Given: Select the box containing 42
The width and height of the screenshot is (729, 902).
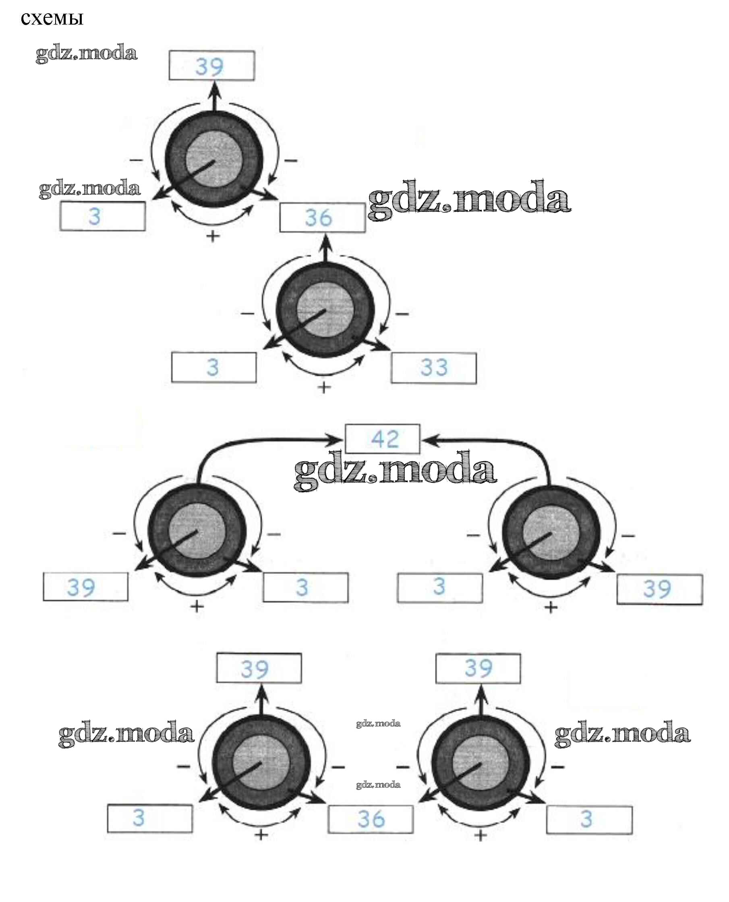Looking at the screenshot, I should point(382,439).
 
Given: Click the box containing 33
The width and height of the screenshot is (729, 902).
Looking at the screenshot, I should point(433,368).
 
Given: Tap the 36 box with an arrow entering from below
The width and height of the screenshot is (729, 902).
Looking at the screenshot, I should point(322,218).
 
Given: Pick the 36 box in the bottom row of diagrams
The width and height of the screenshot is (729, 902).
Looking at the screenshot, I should point(371,819).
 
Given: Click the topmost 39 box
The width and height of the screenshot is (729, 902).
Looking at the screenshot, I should point(211,66).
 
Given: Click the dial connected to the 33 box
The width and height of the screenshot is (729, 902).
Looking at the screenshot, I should point(325,311).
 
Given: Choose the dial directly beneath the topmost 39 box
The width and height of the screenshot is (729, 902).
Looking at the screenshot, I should point(214,159).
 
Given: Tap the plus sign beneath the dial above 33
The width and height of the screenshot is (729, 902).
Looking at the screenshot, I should point(323,387).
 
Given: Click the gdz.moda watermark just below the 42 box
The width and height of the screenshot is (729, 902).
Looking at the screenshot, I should point(395,470).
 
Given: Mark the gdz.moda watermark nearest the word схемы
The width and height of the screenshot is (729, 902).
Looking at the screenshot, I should point(87,53).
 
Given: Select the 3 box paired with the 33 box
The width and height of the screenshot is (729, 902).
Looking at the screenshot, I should point(214,367).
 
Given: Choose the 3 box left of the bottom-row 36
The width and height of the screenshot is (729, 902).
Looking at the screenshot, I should point(150,818).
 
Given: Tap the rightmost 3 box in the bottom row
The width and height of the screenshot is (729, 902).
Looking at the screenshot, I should point(589,819).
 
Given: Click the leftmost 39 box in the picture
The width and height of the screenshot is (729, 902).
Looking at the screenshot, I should point(86,587).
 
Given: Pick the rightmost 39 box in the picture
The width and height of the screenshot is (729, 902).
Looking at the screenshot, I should point(659,589).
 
